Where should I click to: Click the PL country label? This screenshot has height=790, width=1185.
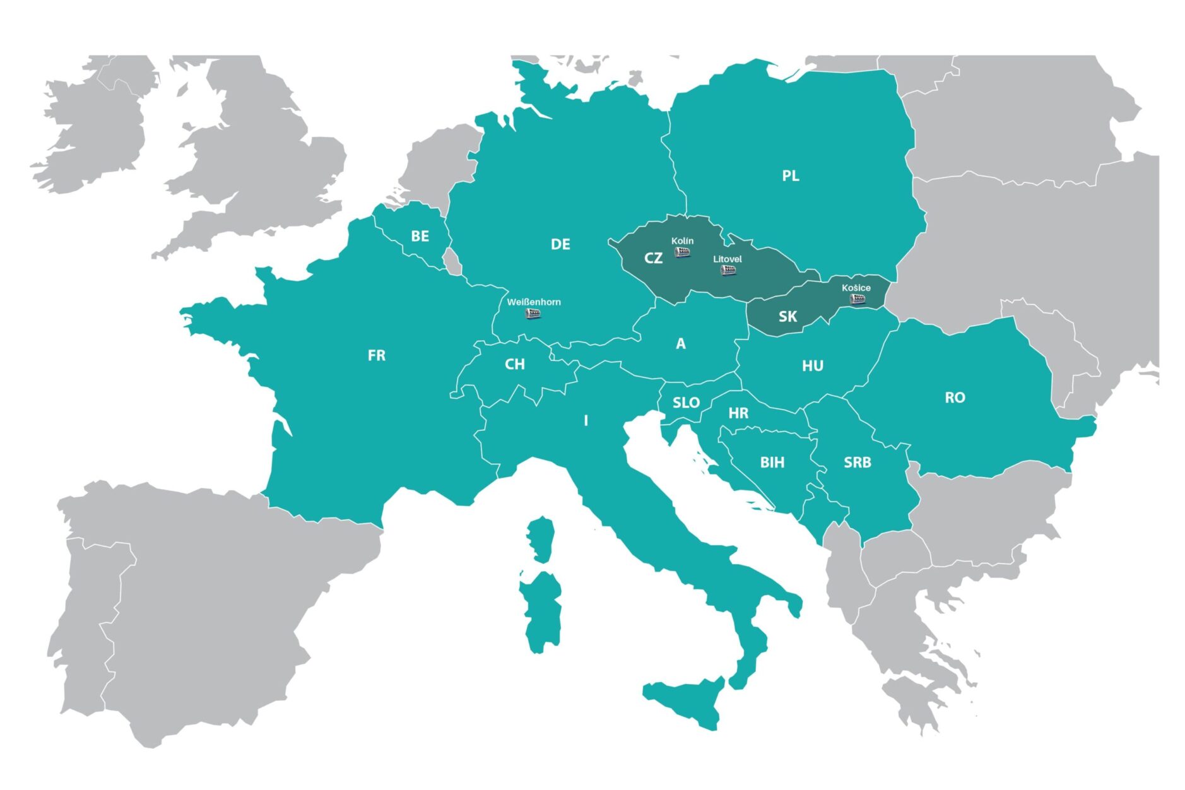(790, 176)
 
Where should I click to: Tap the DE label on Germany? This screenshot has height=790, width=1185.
(560, 244)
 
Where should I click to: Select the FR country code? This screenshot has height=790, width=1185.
(376, 356)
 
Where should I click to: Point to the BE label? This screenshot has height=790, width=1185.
(420, 236)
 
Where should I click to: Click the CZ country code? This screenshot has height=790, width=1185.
(653, 258)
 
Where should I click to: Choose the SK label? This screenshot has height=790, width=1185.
(787, 317)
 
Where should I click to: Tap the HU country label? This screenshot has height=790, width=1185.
(813, 366)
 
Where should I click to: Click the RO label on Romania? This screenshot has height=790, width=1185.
(955, 398)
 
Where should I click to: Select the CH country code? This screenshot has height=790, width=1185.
(515, 365)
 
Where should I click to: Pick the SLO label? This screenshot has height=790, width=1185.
(686, 403)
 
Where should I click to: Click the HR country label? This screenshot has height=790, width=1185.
(738, 413)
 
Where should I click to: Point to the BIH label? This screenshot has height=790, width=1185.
(772, 463)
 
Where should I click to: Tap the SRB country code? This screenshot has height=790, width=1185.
(857, 463)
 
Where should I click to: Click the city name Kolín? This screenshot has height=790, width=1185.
(682, 241)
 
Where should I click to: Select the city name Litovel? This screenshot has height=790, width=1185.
(728, 259)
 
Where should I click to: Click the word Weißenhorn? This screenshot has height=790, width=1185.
(534, 302)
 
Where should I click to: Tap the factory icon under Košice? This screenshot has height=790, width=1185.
(857, 298)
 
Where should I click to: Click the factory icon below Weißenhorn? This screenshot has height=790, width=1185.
(534, 314)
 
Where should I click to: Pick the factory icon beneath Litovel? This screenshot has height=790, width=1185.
(728, 271)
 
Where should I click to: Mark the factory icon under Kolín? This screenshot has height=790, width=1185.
(682, 252)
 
